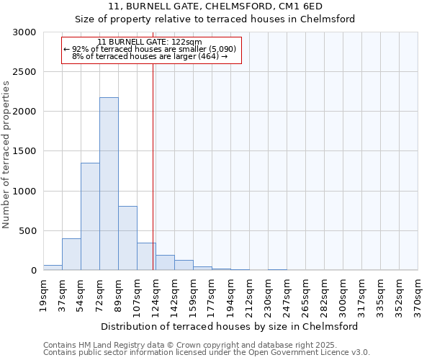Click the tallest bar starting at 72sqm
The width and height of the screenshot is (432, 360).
click(109, 184)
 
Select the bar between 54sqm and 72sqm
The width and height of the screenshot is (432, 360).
click(90, 216)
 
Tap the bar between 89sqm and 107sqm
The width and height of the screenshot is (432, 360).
click(127, 238)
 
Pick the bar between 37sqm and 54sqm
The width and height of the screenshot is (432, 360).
click(71, 254)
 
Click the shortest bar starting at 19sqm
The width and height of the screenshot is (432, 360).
click(53, 267)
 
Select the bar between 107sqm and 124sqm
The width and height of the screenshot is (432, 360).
click(146, 256)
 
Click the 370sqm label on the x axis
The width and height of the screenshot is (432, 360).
click(418, 296)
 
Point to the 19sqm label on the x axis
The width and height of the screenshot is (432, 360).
click(44, 294)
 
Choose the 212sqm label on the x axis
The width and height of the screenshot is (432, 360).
click(249, 296)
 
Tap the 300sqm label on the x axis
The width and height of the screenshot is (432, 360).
click(343, 296)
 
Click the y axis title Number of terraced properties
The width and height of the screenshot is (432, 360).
click(7, 155)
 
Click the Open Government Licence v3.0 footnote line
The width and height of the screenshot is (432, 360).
click(207, 353)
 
